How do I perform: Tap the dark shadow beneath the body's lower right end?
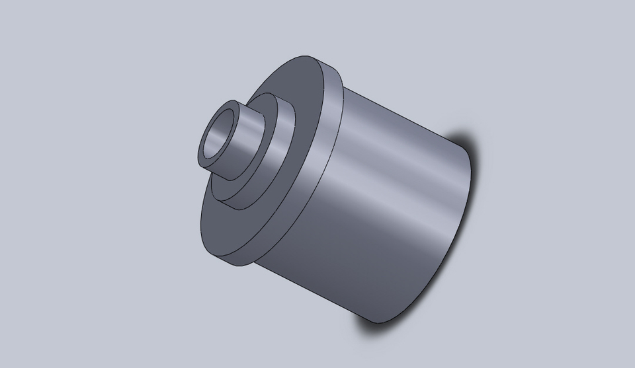[x=377, y=327]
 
